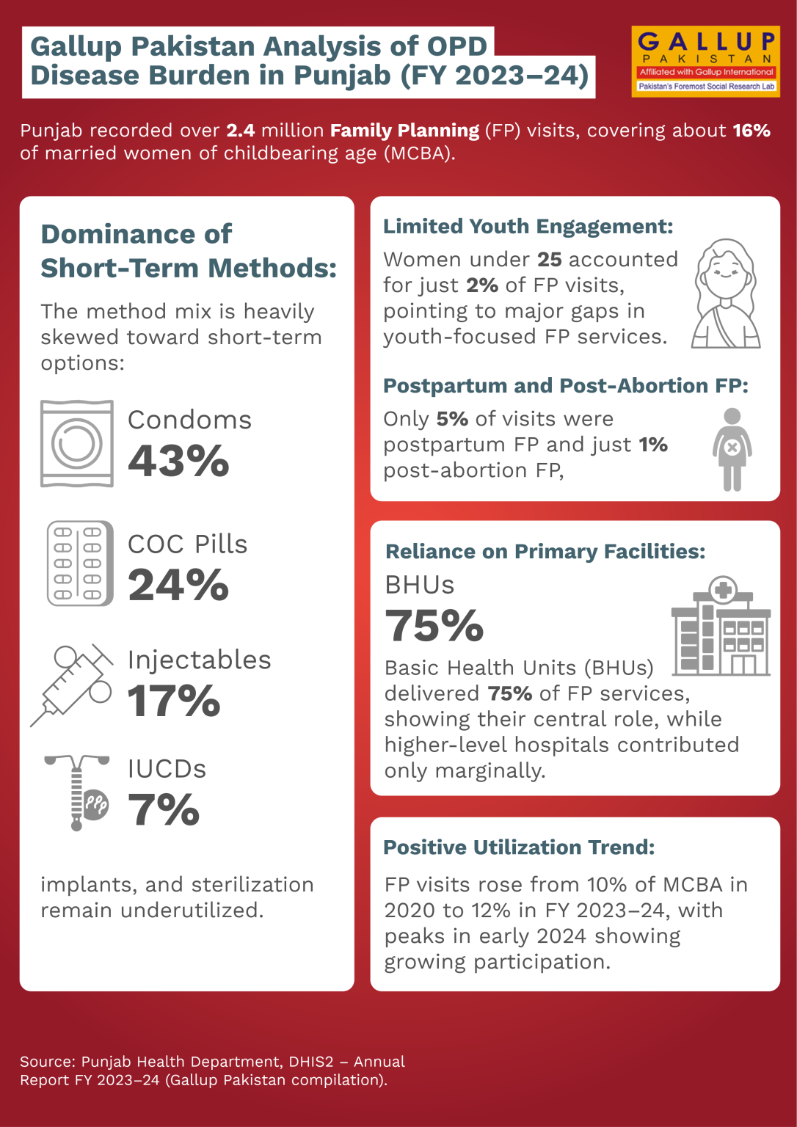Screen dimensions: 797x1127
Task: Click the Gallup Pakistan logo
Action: coord(705,62)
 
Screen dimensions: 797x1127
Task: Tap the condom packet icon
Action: coord(77,443)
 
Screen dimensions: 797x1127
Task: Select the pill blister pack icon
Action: coord(80,563)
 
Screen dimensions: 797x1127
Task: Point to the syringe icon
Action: coord(71,685)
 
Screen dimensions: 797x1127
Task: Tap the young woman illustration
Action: coord(726,293)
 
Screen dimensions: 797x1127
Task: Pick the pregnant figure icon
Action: coord(732,449)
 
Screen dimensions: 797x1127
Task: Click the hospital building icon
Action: coord(721,625)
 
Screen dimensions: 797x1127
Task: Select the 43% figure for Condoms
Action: coord(178,460)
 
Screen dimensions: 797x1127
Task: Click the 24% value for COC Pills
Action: coord(178,585)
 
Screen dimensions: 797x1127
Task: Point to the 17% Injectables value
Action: coord(174,701)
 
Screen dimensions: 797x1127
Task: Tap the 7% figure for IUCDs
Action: coord(164,809)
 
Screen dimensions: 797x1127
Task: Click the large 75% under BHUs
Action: coord(434,625)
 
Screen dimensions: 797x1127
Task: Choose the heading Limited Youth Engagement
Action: coord(528,227)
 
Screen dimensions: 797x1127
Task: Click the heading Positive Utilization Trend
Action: coord(520,847)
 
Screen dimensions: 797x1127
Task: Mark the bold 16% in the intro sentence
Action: coord(751,131)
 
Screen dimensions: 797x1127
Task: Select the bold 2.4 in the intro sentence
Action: coord(241,131)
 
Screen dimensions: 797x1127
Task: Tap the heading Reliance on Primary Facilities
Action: coord(545,552)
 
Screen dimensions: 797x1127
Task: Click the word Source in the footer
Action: coord(47,1062)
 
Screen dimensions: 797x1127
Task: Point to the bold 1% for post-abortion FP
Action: coord(653,445)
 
